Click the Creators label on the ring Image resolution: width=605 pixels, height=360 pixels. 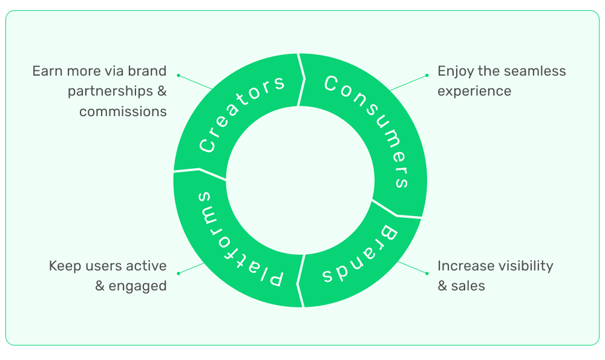tap(241, 114)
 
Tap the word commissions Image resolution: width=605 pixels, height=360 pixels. tap(123, 111)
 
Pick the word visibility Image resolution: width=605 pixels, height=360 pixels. tap(524, 266)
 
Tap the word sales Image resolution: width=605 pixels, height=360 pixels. tap(468, 286)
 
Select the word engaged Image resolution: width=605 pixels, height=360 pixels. tap(137, 286)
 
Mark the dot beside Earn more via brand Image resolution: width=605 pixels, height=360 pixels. tap(178, 76)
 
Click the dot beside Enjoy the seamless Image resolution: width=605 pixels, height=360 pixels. tap(427, 76)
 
